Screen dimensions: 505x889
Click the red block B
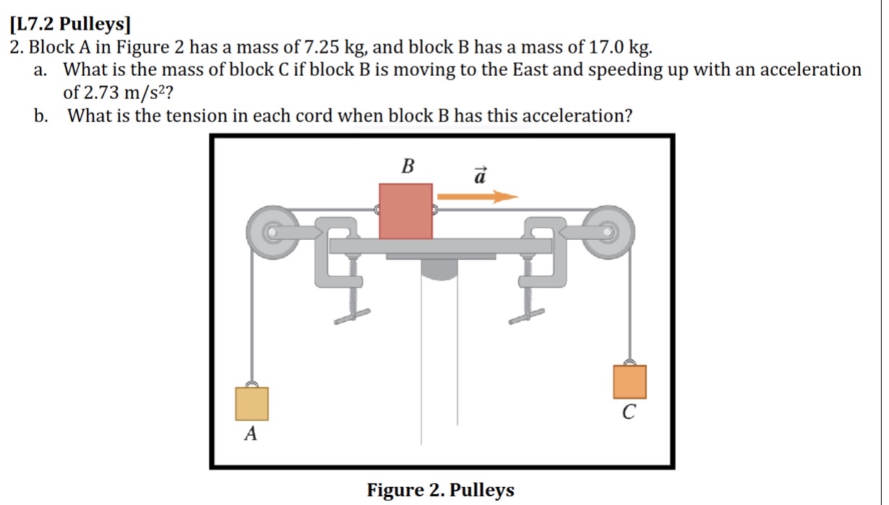pos(406,211)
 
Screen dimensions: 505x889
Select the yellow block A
pos(252,403)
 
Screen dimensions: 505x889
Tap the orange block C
pos(630,381)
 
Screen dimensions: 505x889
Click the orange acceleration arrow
pos(478,196)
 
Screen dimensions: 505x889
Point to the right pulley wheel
pos(609,231)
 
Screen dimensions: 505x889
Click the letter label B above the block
pos(408,167)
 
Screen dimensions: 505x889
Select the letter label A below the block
pos(251,434)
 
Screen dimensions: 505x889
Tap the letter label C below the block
pos(630,413)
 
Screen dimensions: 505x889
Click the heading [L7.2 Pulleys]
pos(70,26)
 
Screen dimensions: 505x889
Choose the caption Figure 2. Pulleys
pos(441,490)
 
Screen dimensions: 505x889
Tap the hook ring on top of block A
pos(252,384)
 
